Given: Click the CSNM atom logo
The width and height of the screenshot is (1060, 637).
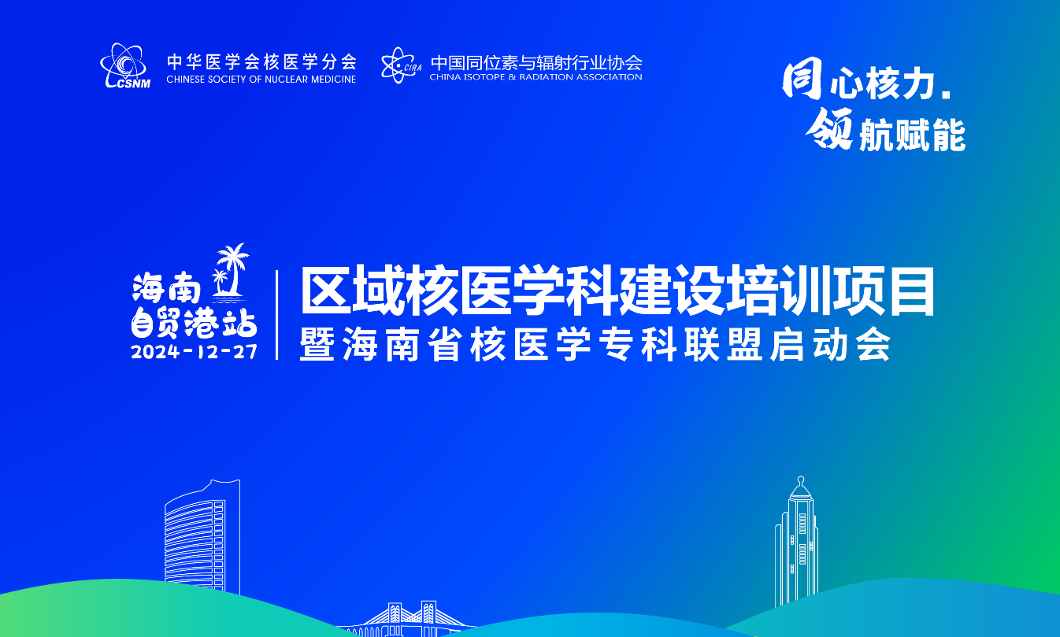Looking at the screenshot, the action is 125,65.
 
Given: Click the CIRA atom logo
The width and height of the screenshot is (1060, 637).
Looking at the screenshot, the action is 401,65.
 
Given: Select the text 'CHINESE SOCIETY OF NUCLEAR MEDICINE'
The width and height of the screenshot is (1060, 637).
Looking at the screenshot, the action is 261,80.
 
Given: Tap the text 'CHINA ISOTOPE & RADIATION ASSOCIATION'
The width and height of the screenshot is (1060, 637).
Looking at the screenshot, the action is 536,77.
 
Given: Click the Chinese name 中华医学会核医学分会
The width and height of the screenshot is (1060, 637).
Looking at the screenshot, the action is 261,61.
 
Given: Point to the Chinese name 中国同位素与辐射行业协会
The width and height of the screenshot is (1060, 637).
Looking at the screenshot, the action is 536,62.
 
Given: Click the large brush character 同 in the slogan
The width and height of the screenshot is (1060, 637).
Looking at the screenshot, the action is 802,79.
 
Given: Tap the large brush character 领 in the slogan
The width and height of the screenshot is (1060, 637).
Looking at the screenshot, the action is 829,128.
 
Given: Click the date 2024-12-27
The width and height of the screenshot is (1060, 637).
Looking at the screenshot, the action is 194,352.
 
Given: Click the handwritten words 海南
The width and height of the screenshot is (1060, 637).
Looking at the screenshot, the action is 167,288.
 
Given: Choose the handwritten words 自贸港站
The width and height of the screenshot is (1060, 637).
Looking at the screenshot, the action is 194,324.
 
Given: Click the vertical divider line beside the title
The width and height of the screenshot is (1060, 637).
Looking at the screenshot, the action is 277,315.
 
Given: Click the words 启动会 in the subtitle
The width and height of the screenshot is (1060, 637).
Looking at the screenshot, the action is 831,345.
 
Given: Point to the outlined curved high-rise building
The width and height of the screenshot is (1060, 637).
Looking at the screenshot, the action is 202,537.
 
